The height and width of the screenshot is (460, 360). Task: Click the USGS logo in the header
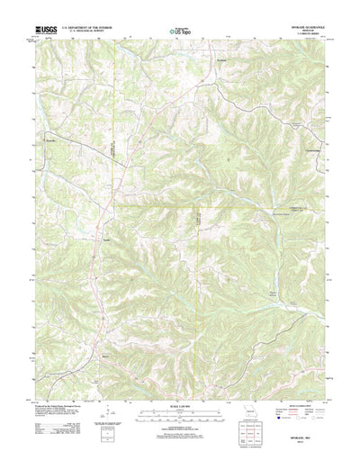point(45,31)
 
